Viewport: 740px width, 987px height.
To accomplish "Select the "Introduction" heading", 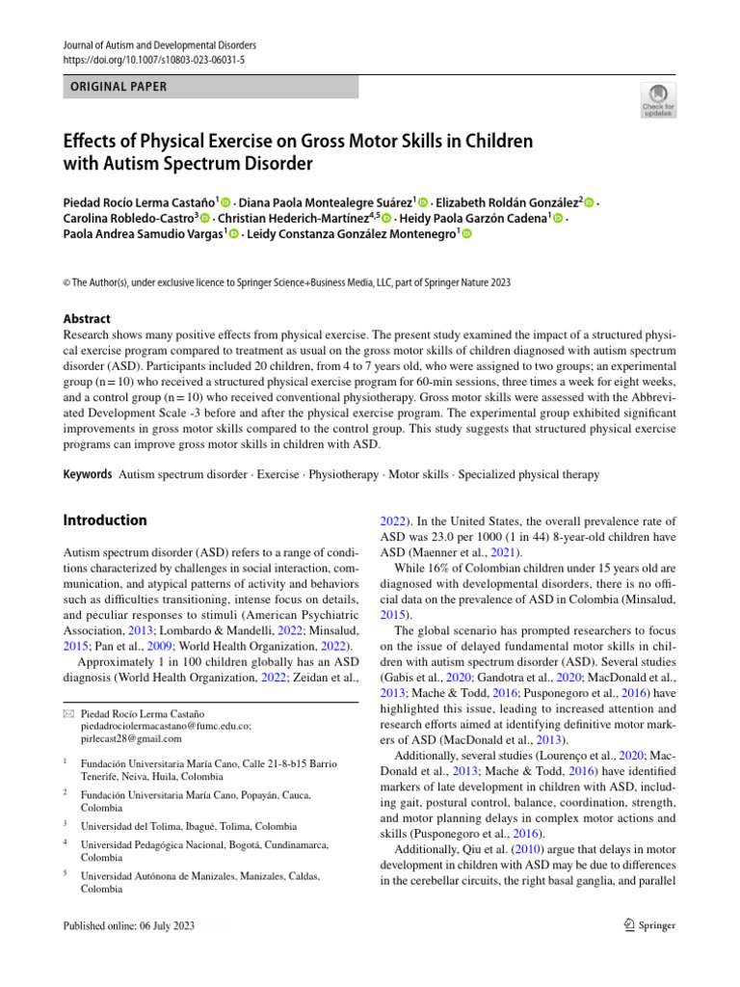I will coord(105,520).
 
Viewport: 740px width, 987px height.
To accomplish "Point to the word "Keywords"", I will coord(86,475).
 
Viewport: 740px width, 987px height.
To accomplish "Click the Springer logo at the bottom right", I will coord(644,925).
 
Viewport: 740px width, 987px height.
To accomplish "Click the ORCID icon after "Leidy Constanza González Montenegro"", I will coord(467,234).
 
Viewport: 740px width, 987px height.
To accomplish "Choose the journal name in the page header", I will coord(160,45).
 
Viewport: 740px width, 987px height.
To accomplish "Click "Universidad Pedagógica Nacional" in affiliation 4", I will coord(155,844).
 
